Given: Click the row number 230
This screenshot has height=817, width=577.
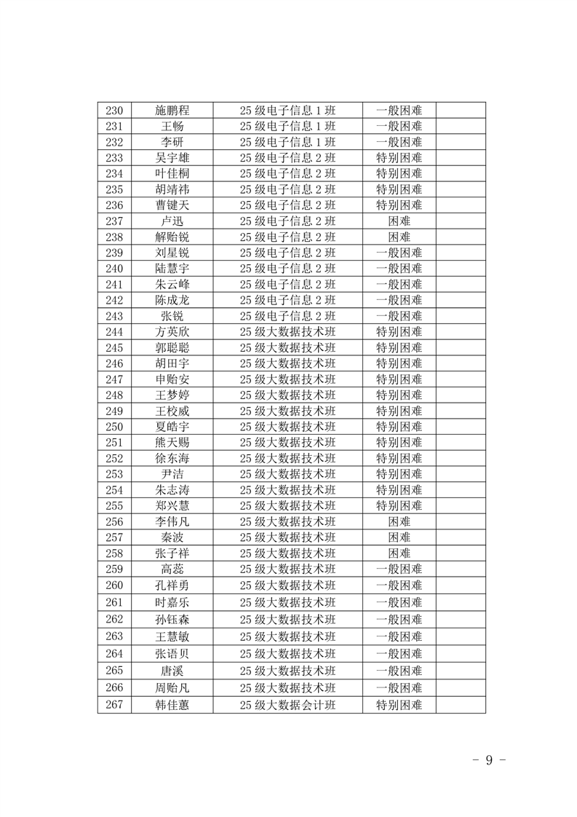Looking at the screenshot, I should (114, 111).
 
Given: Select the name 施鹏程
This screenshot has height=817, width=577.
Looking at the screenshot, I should (172, 111).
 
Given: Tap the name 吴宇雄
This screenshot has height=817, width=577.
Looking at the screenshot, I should (172, 158).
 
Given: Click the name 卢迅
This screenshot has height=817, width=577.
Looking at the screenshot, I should (172, 221).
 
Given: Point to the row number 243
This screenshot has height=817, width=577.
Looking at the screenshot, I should (114, 316).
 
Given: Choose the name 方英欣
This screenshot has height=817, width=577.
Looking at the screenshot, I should (172, 332).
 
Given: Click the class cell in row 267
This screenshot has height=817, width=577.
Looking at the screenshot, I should (287, 705).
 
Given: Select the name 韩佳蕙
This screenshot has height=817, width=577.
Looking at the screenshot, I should (172, 705).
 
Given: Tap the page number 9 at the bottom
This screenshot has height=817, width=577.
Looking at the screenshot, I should (489, 759).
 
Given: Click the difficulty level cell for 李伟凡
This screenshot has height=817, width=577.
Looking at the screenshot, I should (399, 521).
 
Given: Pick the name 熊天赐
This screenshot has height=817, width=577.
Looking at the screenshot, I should (172, 443).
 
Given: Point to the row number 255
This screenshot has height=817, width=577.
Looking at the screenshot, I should (114, 505).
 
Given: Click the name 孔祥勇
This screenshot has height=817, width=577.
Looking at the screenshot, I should (172, 585).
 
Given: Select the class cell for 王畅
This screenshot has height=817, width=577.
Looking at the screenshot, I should (287, 127).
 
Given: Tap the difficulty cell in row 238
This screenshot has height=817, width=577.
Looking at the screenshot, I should (399, 237).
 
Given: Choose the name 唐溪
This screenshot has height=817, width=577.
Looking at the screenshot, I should (172, 670).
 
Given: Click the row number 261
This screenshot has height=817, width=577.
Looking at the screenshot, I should (114, 602).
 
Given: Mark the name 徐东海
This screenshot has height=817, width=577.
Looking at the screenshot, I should (172, 459).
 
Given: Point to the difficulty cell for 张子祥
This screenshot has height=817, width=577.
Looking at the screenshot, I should (399, 553).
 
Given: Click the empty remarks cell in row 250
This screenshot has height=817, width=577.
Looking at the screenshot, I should (461, 427).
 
